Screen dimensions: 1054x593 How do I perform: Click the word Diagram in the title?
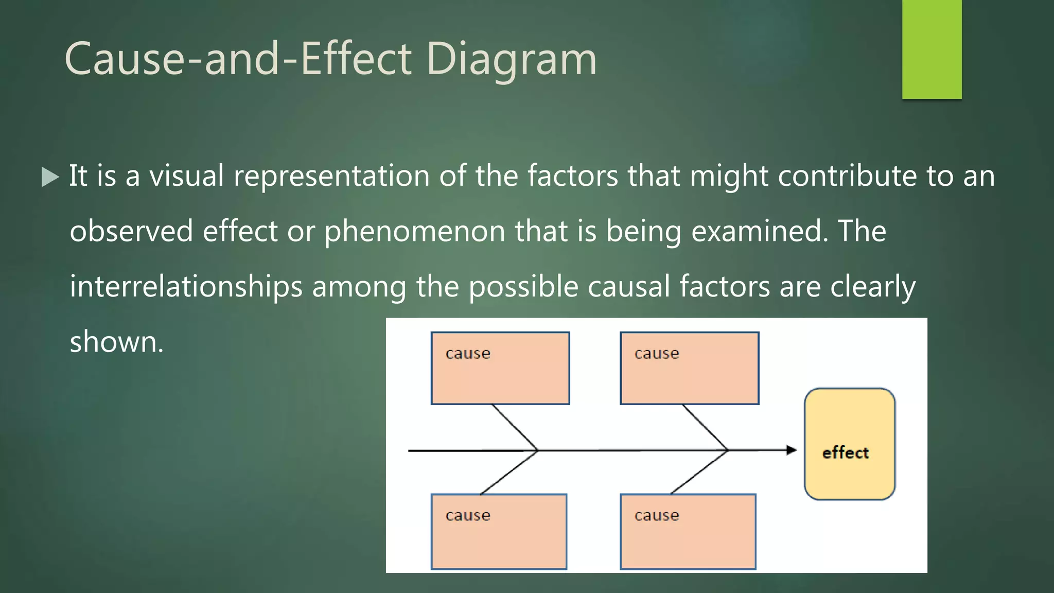coord(511,59)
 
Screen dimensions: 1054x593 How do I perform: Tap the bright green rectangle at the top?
coord(932,49)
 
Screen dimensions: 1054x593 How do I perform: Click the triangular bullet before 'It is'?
coord(50,177)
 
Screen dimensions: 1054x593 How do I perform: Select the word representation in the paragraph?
coord(331,177)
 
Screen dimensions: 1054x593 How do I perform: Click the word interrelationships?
coord(186,286)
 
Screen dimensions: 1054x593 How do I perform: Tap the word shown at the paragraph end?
coord(116,342)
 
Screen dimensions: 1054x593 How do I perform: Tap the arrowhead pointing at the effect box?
coord(792,450)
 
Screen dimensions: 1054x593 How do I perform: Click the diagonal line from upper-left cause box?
coord(515,427)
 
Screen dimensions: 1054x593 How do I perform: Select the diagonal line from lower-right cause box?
coord(699,472)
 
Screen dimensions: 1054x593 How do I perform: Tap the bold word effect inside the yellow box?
coord(846,453)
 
